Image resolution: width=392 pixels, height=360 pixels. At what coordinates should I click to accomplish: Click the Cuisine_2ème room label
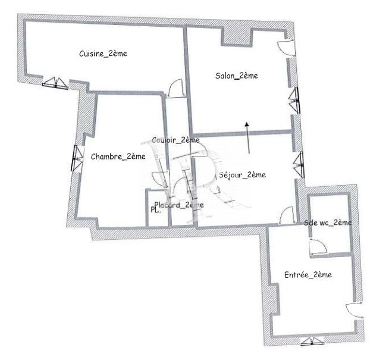[103, 54]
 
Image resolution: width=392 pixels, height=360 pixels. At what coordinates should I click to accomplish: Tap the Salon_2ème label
[237, 76]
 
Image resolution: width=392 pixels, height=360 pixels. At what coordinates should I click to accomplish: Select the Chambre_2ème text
[118, 156]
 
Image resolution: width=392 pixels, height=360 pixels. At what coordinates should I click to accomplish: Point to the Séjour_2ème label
[242, 175]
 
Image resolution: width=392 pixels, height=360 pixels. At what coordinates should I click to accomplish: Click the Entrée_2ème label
[308, 275]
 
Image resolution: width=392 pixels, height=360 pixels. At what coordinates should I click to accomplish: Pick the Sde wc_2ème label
[328, 223]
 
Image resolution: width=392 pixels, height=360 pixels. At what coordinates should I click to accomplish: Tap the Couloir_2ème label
[175, 140]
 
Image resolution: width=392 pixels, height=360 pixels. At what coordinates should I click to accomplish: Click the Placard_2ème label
[179, 205]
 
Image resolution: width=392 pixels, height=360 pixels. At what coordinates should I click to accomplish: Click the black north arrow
[247, 137]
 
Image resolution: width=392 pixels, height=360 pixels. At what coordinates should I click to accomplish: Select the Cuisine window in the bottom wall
[55, 83]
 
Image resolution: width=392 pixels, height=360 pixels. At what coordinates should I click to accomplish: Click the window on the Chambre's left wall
[77, 158]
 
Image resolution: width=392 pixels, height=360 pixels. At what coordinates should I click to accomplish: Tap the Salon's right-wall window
[294, 100]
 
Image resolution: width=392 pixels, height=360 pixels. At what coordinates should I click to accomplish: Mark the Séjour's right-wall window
[299, 165]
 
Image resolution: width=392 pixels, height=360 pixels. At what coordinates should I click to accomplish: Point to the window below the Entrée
[312, 342]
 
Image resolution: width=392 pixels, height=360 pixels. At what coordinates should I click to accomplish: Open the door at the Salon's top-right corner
[287, 48]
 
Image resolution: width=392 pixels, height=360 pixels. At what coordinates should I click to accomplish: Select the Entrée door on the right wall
[355, 311]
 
